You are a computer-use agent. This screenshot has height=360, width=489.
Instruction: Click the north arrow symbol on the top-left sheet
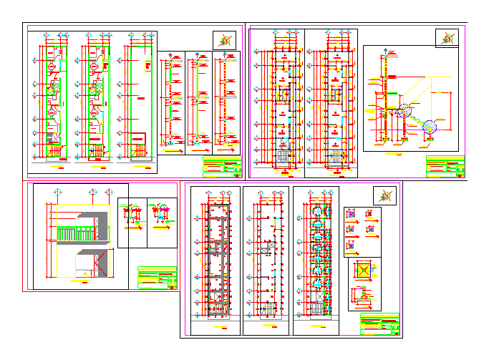click(x=224, y=41)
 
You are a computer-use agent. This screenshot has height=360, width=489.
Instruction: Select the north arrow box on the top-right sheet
click(x=447, y=38)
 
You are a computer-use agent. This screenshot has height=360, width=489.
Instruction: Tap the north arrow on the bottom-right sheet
click(x=385, y=195)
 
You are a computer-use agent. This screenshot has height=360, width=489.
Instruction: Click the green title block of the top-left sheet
click(x=222, y=168)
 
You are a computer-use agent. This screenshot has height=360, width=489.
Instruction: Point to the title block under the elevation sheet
click(x=157, y=278)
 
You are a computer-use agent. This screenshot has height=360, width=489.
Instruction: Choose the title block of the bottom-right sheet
click(x=379, y=323)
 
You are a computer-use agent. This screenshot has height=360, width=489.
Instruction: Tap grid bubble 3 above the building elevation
click(x=109, y=191)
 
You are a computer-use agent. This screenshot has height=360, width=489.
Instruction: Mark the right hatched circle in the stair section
click(x=430, y=126)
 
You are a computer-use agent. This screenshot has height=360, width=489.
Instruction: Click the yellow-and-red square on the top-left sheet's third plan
click(x=147, y=67)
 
